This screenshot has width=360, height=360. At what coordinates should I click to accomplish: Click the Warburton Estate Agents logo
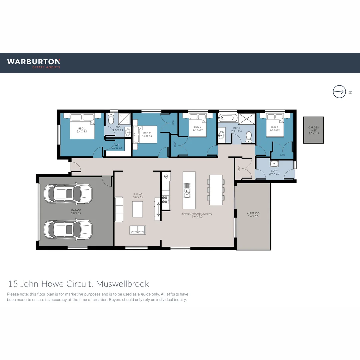(34, 63)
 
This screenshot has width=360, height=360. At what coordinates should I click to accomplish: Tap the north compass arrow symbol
(339, 92)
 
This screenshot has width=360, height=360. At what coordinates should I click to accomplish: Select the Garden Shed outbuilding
(313, 130)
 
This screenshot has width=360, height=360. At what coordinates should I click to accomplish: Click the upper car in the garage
(68, 194)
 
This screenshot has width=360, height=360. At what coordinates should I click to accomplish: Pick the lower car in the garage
(68, 230)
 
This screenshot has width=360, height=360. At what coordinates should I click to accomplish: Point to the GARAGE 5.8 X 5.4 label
(76, 212)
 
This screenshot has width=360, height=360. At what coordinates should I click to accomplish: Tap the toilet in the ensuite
(111, 119)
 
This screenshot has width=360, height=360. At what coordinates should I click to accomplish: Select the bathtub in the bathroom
(228, 118)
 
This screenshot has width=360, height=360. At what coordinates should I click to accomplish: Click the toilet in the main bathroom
(249, 137)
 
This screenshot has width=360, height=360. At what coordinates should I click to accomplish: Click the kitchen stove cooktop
(165, 199)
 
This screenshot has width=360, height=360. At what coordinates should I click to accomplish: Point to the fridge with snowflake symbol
(166, 176)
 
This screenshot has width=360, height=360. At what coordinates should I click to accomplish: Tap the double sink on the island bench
(187, 190)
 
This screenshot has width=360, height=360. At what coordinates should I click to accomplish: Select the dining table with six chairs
(216, 190)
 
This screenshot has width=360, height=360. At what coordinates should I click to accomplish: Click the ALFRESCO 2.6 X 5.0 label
(253, 215)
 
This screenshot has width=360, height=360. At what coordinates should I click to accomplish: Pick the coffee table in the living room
(138, 209)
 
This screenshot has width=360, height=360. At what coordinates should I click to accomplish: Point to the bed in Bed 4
(275, 125)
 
